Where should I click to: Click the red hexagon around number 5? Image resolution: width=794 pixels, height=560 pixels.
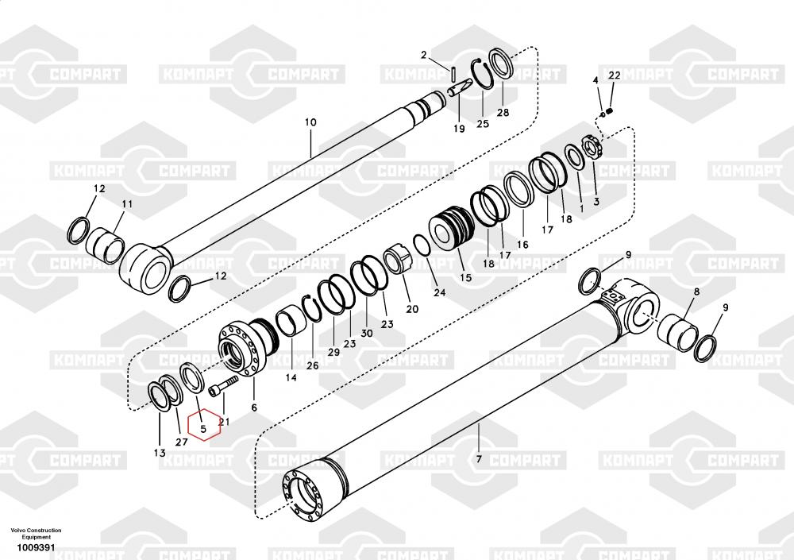188,426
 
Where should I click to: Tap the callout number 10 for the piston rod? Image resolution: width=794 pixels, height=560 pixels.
310,122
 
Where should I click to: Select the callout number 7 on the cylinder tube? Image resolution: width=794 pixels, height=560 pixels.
479,460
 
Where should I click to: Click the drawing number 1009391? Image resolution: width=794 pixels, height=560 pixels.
36,547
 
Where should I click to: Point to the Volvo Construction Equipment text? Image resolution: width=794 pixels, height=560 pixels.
36,533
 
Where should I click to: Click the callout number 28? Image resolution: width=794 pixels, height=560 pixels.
503,113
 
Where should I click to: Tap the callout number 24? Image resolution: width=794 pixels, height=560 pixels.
439,292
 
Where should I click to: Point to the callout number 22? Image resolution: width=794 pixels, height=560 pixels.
615,75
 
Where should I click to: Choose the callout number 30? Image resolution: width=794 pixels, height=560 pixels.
367,333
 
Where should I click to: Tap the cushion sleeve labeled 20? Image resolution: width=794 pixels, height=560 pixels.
398,259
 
